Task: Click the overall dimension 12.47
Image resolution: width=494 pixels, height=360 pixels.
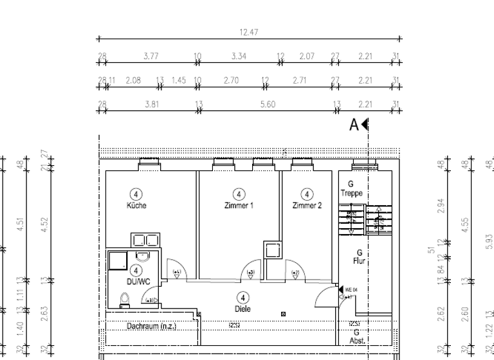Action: [x=248, y=32]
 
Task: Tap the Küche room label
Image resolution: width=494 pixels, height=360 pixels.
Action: [x=136, y=206]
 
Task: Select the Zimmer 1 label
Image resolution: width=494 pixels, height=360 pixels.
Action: [x=238, y=206]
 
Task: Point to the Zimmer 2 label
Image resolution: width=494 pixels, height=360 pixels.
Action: [x=306, y=206]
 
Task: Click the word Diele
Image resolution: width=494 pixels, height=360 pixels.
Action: [x=242, y=309]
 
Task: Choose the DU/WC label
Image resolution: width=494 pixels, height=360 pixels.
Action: [x=136, y=281]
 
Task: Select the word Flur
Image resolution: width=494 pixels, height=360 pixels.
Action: [x=360, y=262]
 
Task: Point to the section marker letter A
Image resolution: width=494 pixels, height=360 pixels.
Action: [x=354, y=125]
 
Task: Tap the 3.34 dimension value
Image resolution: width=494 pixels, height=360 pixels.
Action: [x=239, y=57]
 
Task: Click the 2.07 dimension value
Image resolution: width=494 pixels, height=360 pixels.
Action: [x=306, y=57]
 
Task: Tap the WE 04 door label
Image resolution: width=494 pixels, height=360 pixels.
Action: [x=351, y=290]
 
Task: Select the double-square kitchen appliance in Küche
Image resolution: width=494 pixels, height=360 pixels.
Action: [x=145, y=240]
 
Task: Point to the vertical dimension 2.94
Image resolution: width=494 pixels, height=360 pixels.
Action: [x=441, y=205]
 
